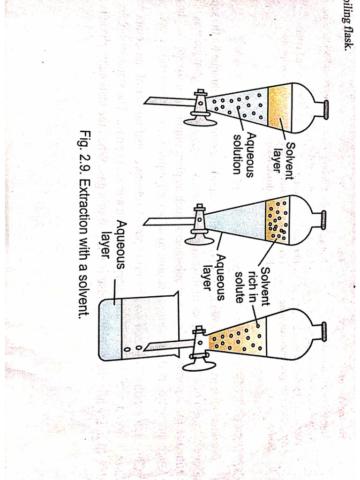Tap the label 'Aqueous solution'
(244, 153)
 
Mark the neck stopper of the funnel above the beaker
(323, 333)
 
